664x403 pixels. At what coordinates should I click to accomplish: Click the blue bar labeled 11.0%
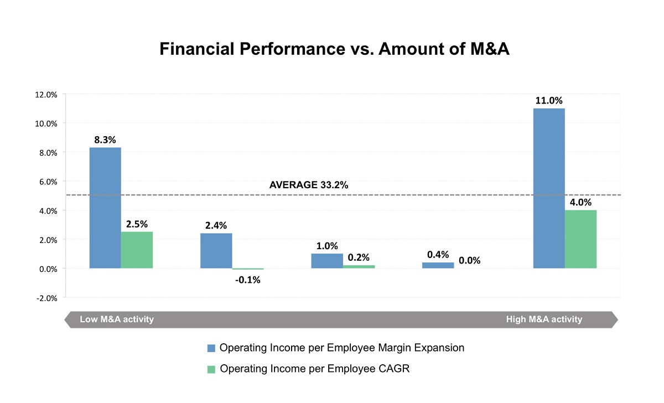pos(548,188)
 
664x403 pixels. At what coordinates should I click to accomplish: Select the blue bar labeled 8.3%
pos(105,208)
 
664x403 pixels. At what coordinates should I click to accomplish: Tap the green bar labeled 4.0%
pos(580,239)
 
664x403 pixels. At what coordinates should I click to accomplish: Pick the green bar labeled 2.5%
pos(137,250)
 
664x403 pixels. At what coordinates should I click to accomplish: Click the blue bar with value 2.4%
pos(216,251)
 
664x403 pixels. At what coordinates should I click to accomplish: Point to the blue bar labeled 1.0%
pos(327,261)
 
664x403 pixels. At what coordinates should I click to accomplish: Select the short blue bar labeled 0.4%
pos(438,265)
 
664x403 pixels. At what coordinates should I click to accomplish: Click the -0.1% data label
pos(247,280)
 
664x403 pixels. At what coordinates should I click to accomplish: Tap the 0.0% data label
pos(469,261)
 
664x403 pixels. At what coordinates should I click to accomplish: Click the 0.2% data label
pos(359,257)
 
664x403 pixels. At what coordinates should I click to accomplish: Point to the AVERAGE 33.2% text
pos(308,185)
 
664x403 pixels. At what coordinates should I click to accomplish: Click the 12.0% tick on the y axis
pos(46,94)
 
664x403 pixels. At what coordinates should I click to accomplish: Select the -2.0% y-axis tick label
pos(46,298)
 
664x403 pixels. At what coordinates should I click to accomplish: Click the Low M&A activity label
pos(117,319)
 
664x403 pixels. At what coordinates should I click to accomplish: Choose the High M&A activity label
pos(544,319)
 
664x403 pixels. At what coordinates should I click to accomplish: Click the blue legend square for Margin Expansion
pos(211,348)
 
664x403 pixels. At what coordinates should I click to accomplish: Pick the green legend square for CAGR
pos(211,369)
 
